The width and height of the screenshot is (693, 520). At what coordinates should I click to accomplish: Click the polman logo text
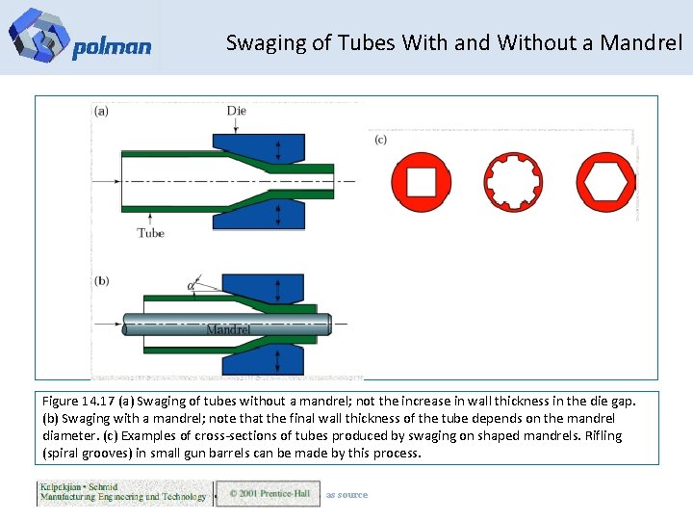[111, 47]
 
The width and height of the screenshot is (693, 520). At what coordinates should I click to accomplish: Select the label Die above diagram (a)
[237, 111]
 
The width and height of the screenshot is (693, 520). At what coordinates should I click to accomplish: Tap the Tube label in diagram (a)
[150, 233]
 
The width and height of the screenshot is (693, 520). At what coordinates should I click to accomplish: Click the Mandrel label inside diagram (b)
[228, 329]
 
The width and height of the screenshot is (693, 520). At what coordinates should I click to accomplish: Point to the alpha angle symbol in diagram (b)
[192, 286]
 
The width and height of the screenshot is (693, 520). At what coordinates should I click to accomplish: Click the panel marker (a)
[102, 111]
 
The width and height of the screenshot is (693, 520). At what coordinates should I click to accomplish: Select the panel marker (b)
[102, 281]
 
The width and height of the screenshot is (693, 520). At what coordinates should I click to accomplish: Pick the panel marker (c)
[380, 140]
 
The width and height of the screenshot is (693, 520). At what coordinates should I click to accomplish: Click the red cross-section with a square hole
[422, 181]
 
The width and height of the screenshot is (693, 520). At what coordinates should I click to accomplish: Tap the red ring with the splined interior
[512, 181]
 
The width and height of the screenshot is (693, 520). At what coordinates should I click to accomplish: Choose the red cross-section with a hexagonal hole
[604, 181]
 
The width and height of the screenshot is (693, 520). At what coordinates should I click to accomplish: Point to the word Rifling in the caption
[601, 435]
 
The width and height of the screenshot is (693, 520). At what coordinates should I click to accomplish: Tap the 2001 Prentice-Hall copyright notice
[269, 494]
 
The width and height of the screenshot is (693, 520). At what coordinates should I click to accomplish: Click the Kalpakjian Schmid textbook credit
[122, 492]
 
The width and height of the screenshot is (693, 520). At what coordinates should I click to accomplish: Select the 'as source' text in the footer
[346, 495]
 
